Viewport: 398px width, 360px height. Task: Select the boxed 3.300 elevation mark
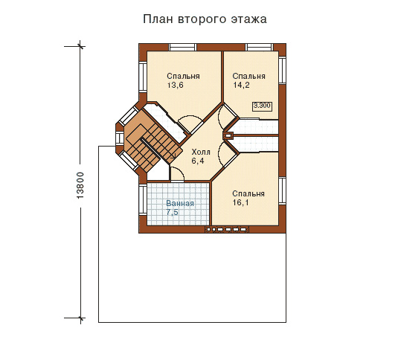262,106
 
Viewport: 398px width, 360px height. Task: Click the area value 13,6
175,86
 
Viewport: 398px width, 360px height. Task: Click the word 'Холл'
201,152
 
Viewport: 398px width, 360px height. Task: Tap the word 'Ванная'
180,203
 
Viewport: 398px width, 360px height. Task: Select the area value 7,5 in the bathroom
172,213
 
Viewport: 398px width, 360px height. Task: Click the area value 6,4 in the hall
197,161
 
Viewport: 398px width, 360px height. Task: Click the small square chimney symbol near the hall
228,135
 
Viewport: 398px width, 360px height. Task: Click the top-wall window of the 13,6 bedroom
183,48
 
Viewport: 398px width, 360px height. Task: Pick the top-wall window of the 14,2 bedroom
252,48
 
